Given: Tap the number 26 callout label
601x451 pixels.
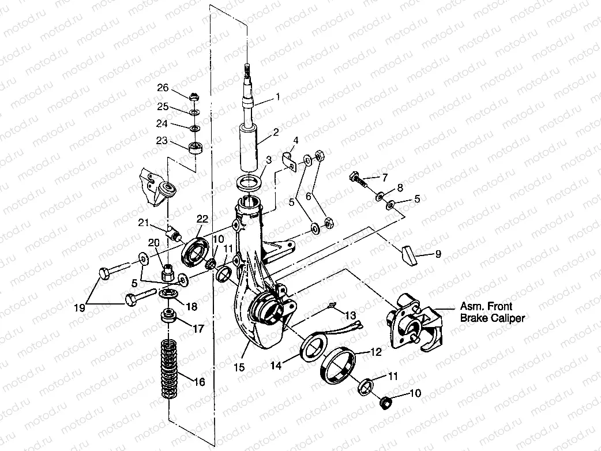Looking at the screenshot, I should (163, 88).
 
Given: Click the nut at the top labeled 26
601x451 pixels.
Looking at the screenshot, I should (195, 96).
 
